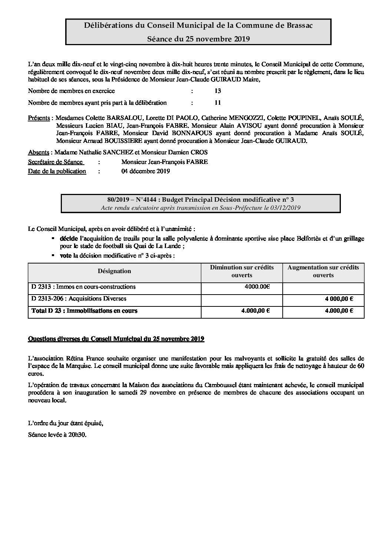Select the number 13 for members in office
[x=217, y=91]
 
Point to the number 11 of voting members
[x=217, y=103]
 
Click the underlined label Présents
[x=40, y=118]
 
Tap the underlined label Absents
[x=39, y=152]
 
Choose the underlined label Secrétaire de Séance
[x=55, y=162]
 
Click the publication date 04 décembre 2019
[x=146, y=171]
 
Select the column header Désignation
[x=114, y=271]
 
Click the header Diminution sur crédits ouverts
[x=242, y=271]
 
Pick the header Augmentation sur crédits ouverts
[x=323, y=271]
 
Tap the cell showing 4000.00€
[x=258, y=286]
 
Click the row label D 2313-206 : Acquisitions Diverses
[x=79, y=298]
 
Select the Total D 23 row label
[x=84, y=310]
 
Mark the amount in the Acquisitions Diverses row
[x=339, y=299]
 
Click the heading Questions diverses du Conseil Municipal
[x=116, y=339]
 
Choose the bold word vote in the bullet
[x=66, y=255]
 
